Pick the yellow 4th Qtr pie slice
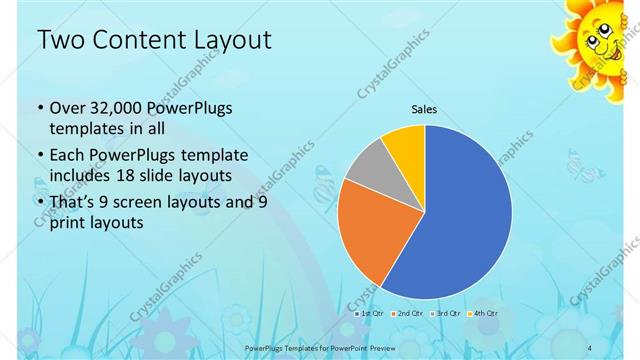click(405, 144)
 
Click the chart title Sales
click(425, 109)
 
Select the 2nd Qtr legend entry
click(407, 313)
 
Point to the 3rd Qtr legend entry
click(445, 313)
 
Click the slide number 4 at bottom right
click(591, 347)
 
